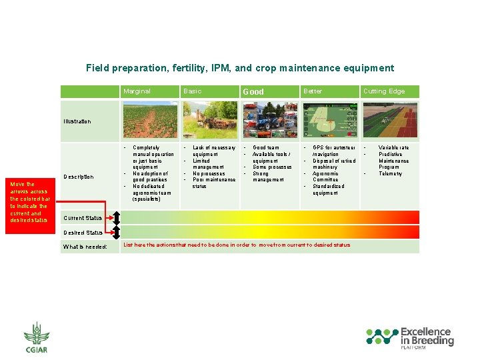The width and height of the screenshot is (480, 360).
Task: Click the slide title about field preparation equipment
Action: pyautogui.click(x=240, y=68)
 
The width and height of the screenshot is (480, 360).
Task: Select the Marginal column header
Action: pyautogui.click(x=137, y=91)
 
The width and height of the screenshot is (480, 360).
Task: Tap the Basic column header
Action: pyautogui.click(x=192, y=91)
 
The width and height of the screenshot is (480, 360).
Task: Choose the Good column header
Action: pyautogui.click(x=253, y=91)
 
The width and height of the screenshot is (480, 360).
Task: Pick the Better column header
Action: pyautogui.click(x=313, y=91)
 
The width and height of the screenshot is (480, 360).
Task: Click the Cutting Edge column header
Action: pyautogui.click(x=383, y=91)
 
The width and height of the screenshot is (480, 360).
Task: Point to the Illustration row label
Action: pyautogui.click(x=77, y=121)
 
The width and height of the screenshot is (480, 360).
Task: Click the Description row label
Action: pyautogui.click(x=78, y=177)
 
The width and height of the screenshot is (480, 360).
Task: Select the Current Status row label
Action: pyautogui.click(x=83, y=218)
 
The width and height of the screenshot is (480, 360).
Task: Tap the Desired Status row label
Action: pyautogui.click(x=83, y=233)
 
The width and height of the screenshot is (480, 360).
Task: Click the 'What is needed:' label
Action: pyautogui.click(x=85, y=247)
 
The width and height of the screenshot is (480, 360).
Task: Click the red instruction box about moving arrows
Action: pyautogui.click(x=30, y=202)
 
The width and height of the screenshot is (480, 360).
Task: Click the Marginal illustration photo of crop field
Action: pyautogui.click(x=150, y=120)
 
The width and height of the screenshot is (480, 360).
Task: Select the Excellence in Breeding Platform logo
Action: pyautogui.click(x=410, y=337)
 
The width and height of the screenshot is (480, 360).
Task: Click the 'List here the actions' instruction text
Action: pyautogui.click(x=237, y=245)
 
